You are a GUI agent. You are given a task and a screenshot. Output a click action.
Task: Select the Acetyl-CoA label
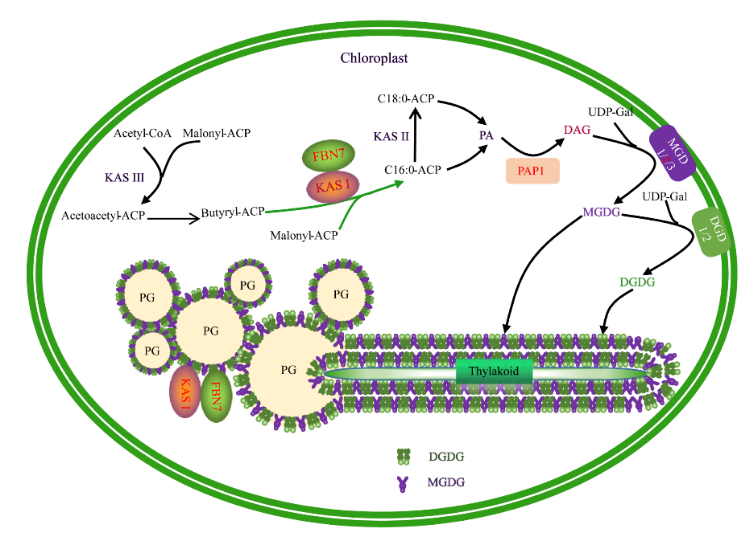click(x=143, y=133)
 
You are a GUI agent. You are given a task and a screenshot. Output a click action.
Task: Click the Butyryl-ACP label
click(x=232, y=212)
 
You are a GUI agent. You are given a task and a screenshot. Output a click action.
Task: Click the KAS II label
click(x=391, y=135)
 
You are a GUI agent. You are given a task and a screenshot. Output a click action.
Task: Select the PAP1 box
click(x=532, y=171)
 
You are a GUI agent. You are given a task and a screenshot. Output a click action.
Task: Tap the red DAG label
click(x=578, y=130)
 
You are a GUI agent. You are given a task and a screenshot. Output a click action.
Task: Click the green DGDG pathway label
click(x=636, y=283)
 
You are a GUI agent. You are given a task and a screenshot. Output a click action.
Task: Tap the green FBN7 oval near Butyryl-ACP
click(x=322, y=156)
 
